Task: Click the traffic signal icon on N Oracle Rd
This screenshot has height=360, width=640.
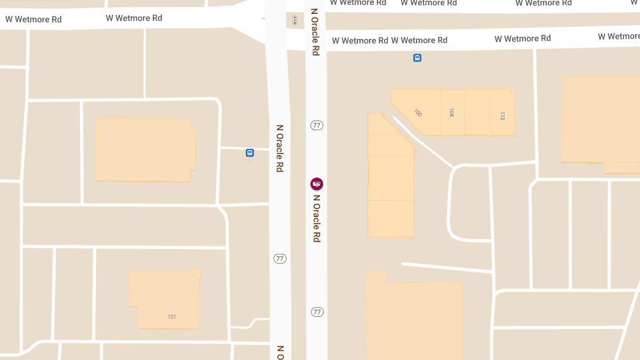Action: [x=295, y=20]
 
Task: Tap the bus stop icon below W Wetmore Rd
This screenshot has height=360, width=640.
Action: [x=418, y=58]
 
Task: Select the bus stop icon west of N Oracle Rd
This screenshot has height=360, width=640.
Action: [x=250, y=153]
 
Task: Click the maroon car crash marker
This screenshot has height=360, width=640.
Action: [x=317, y=184]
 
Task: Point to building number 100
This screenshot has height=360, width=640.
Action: [x=418, y=113]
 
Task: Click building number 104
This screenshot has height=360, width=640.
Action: [x=452, y=113]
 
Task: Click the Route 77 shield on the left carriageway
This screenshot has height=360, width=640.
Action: [x=280, y=259]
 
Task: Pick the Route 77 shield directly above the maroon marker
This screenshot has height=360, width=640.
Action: [x=317, y=125]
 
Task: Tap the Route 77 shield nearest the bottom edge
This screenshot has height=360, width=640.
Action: [x=317, y=312]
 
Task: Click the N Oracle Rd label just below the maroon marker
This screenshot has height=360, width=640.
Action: [x=317, y=218]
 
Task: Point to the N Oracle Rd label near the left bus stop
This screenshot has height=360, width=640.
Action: [x=279, y=148]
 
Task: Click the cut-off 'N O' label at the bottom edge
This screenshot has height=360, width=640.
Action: [x=280, y=352]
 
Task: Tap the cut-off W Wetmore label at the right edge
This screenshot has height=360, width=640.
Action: [x=619, y=36]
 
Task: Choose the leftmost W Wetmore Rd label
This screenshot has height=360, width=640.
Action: [x=34, y=20]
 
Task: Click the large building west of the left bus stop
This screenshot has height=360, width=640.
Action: [x=145, y=150]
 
